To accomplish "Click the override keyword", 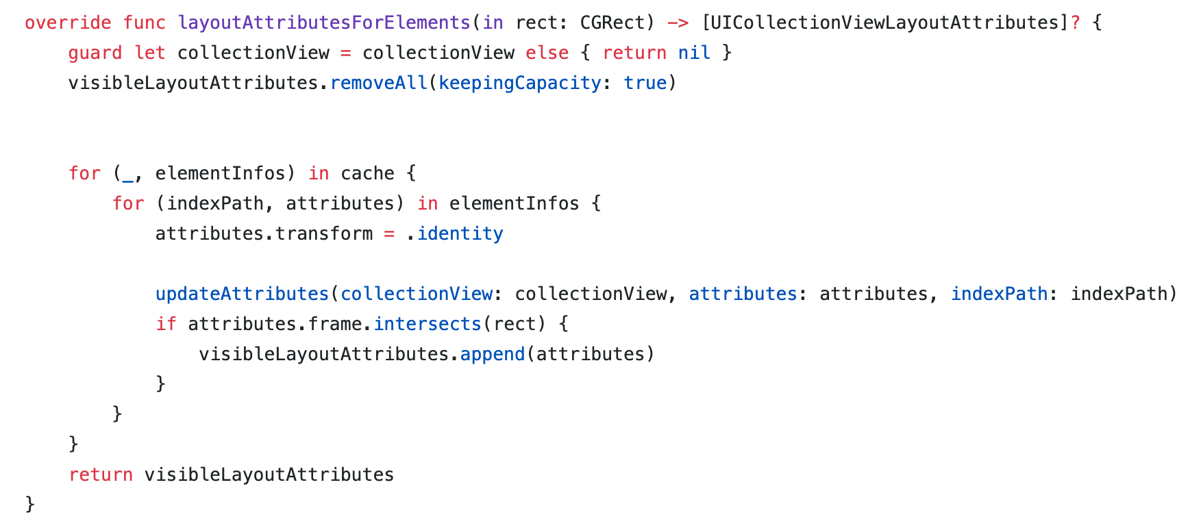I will point(68,23).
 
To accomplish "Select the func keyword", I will point(145,23).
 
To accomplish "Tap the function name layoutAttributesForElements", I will point(324,23).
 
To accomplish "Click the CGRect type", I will point(612,23).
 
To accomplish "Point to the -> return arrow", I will point(678,23).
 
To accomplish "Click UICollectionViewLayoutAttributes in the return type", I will point(884,23).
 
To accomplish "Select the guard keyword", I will point(95,53).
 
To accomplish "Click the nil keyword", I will point(694,53).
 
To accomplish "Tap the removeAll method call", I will point(379,83).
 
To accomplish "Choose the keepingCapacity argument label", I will point(520,83).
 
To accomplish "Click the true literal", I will point(645,83).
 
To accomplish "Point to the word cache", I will point(367,173).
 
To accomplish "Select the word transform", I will point(324,234).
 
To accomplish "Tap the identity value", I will point(460,234).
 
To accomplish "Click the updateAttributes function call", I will point(243,294).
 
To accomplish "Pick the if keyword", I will point(166,324).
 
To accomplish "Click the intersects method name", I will point(428,324).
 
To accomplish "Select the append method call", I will point(493,354).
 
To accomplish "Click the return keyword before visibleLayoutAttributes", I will point(101,475).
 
